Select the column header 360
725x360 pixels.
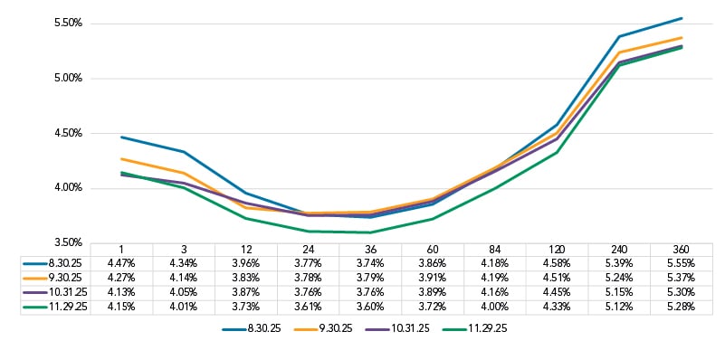pos(681,249)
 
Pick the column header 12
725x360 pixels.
pos(245,249)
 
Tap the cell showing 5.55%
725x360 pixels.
pos(681,262)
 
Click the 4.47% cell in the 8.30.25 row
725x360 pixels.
pos(121,262)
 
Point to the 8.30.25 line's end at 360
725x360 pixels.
pos(682,18)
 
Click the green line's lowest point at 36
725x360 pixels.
pos(370,232)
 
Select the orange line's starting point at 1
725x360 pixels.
pos(121,158)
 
